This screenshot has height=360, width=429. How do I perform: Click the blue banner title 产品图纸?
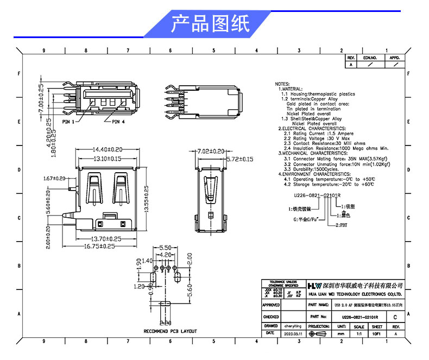(x=210, y=24)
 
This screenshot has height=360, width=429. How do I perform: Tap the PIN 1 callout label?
(x=68, y=122)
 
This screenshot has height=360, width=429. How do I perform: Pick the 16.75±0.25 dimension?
(x=107, y=246)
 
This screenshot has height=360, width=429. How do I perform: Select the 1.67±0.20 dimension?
(x=54, y=178)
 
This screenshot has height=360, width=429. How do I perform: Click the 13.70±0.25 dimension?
(x=107, y=239)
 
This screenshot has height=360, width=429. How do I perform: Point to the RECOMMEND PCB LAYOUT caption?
(x=170, y=331)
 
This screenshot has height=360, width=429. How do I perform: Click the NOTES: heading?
(x=282, y=84)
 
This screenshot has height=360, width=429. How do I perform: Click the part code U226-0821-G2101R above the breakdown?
(x=317, y=194)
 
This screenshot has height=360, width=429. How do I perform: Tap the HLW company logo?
(x=314, y=286)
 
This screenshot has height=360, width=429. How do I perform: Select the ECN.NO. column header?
(x=370, y=57)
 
